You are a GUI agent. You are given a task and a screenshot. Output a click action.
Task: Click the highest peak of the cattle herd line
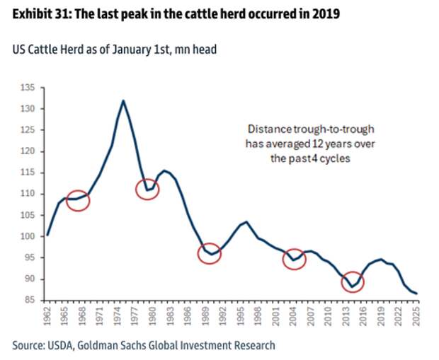tap(124, 100)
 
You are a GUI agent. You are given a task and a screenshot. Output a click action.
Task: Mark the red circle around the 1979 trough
tap(147, 189)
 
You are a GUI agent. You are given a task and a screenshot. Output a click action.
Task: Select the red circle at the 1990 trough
tap(210, 252)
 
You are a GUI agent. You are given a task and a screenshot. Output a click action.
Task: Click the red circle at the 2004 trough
tap(293, 260)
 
